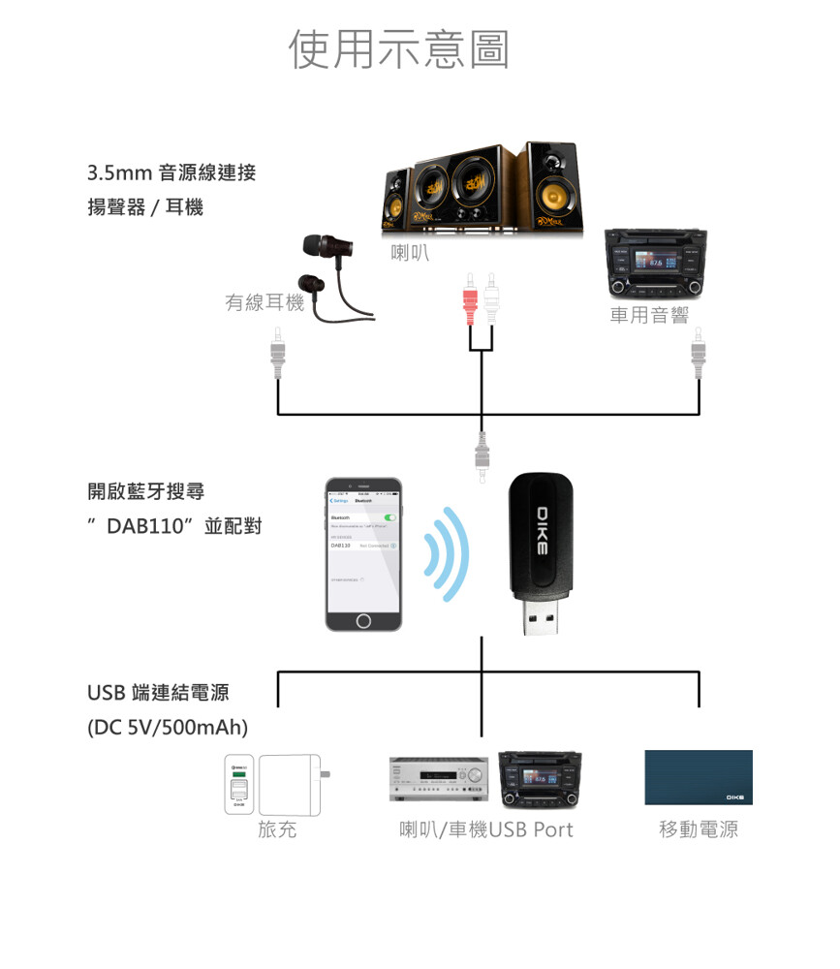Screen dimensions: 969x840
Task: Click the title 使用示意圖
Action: tap(399, 49)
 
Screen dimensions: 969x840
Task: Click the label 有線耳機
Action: tap(264, 303)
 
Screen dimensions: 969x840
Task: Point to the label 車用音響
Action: tap(648, 315)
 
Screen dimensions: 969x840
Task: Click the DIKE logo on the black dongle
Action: tap(542, 530)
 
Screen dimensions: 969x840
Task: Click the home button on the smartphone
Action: tap(363, 620)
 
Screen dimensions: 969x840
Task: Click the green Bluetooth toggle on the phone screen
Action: tap(390, 519)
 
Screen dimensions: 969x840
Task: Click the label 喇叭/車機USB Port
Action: tap(485, 829)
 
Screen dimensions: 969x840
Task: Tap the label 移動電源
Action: tap(698, 829)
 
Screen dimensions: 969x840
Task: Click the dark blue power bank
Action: tap(698, 777)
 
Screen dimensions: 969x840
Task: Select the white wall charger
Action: tap(291, 783)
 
